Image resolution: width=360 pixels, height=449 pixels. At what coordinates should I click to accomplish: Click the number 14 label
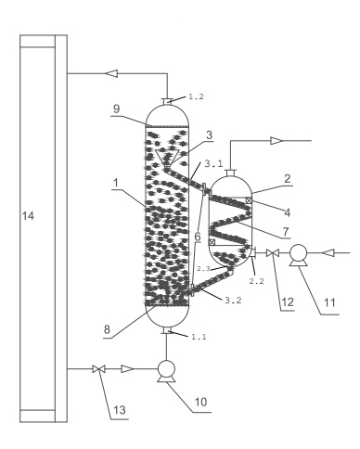pyautogui.click(x=28, y=216)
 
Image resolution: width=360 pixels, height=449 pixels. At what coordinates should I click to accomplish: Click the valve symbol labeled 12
pyautogui.click(x=273, y=253)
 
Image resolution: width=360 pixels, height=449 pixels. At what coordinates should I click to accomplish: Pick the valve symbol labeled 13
pyautogui.click(x=99, y=368)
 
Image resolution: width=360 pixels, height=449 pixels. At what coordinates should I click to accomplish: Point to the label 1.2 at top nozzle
pyautogui.click(x=197, y=96)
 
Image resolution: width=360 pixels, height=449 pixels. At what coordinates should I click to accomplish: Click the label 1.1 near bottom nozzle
pyautogui.click(x=199, y=337)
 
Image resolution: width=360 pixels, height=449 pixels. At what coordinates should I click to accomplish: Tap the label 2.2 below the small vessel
pyautogui.click(x=257, y=281)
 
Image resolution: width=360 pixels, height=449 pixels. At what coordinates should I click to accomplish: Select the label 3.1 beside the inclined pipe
pyautogui.click(x=213, y=163)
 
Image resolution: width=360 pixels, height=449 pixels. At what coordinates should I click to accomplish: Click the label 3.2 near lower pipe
pyautogui.click(x=233, y=301)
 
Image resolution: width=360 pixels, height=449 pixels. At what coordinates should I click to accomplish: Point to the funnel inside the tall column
pyautogui.click(x=167, y=160)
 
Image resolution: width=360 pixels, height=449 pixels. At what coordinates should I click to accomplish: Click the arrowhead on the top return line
pyautogui.click(x=111, y=73)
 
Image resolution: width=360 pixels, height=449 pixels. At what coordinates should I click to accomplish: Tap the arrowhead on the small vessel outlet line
pyautogui.click(x=276, y=141)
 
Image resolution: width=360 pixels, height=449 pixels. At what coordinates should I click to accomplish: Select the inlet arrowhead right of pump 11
pyautogui.click(x=328, y=253)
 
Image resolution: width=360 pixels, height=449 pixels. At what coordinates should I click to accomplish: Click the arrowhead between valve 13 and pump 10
pyautogui.click(x=127, y=368)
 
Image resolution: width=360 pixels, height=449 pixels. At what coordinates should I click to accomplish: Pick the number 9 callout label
pyautogui.click(x=117, y=109)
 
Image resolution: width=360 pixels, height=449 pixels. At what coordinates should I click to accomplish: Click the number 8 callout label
pyautogui.click(x=107, y=329)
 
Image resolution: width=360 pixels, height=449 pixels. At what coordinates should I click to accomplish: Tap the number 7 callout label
pyautogui.click(x=286, y=231)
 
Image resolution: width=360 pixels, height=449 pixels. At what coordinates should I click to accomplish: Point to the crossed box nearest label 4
pyautogui.click(x=249, y=200)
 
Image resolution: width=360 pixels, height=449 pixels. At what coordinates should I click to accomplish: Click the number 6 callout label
pyautogui.click(x=198, y=237)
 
